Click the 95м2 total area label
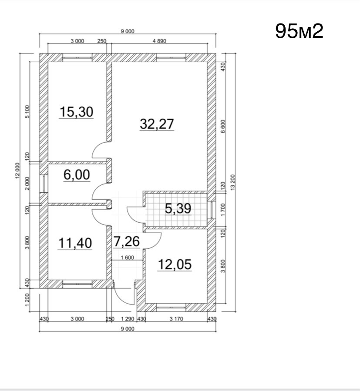[299, 31]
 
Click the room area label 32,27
[157, 124]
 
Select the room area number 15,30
[76, 112]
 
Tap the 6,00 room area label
[77, 174]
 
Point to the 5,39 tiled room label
[178, 208]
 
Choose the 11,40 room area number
[75, 243]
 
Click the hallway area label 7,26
[127, 241]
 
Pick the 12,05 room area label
[175, 264]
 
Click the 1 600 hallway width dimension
[127, 257]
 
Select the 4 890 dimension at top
[159, 41]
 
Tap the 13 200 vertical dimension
[233, 182]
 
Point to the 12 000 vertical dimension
[17, 170]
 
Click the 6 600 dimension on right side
[223, 126]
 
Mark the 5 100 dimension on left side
[27, 111]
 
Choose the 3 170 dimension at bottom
[176, 319]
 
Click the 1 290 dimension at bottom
[128, 319]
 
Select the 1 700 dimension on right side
[223, 210]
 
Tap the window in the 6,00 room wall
[44, 184]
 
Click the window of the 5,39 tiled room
[212, 210]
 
